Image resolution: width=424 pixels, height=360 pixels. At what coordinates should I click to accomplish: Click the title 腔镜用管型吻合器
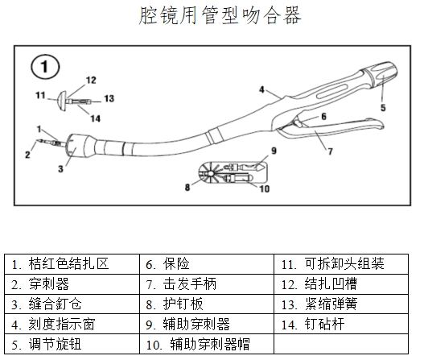[x=211, y=17]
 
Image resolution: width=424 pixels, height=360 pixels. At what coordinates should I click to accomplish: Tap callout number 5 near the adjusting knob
[x=383, y=106]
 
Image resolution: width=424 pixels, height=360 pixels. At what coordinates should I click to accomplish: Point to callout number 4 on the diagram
[x=261, y=89]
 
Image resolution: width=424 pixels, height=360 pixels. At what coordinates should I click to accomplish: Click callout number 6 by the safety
[x=323, y=116]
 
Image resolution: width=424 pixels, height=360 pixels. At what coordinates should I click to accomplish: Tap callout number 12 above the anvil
[x=90, y=80]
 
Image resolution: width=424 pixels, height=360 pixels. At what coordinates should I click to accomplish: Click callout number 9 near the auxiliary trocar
[x=274, y=150]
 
